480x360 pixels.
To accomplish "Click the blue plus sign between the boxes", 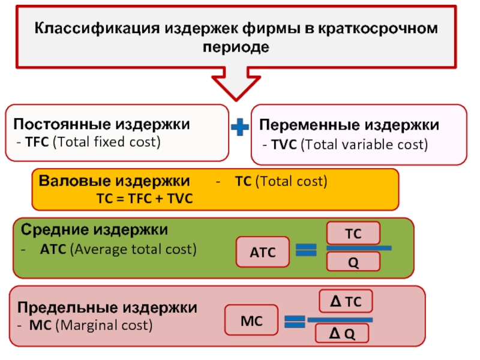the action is coord(239,127).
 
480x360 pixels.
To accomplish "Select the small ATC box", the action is coord(263,251).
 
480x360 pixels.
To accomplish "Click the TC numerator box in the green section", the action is coord(353,233).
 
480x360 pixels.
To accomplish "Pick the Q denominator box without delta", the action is coord(353,262).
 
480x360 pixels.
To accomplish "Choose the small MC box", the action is coord(251,320).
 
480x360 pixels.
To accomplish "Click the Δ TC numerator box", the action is coord(346,301).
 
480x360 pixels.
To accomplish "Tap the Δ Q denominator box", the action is coord(342,334).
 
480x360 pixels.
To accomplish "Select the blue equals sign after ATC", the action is coord(306,250).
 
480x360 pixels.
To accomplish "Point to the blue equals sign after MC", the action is coord(295,322).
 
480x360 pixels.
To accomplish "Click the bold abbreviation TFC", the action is coord(37,142).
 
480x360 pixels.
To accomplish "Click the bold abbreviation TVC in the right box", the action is coord(284,145).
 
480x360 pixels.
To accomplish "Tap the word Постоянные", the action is coord(62,124).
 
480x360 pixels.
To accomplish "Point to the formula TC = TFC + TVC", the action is coord(145,199).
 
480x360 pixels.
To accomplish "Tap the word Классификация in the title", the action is coord(97,28).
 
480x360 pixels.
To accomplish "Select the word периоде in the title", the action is coord(236,47).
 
